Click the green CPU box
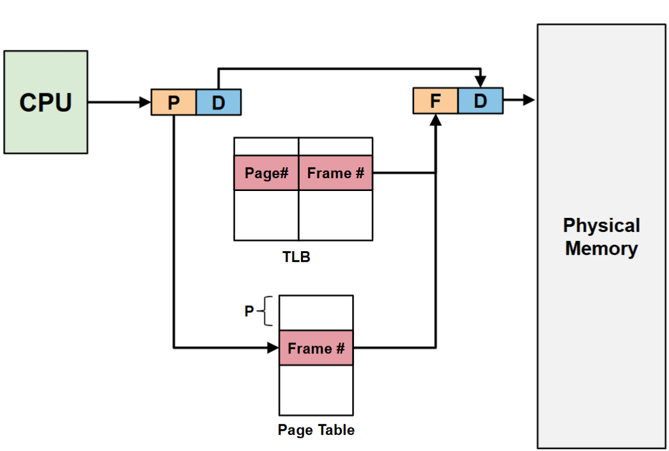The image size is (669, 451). click(45, 102)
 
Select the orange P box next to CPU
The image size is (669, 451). click(174, 102)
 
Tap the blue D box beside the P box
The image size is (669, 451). click(219, 102)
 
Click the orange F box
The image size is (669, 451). click(436, 101)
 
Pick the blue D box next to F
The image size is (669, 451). click(480, 101)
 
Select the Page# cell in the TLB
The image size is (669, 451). click(266, 173)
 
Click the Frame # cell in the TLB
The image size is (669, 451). click(335, 173)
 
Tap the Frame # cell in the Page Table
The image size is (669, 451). click(316, 348)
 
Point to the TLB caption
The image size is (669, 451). click(296, 257)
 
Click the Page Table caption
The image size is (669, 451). click(316, 430)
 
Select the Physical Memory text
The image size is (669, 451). click(601, 237)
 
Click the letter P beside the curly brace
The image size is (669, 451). click(249, 311)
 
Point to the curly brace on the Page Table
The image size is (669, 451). click(267, 311)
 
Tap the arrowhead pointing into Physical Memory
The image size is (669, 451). click(529, 100)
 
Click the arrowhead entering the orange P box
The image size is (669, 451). click(145, 102)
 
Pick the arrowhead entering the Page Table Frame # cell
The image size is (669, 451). click(273, 348)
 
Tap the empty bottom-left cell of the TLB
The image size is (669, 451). click(266, 215)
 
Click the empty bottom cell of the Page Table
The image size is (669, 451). click(316, 390)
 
